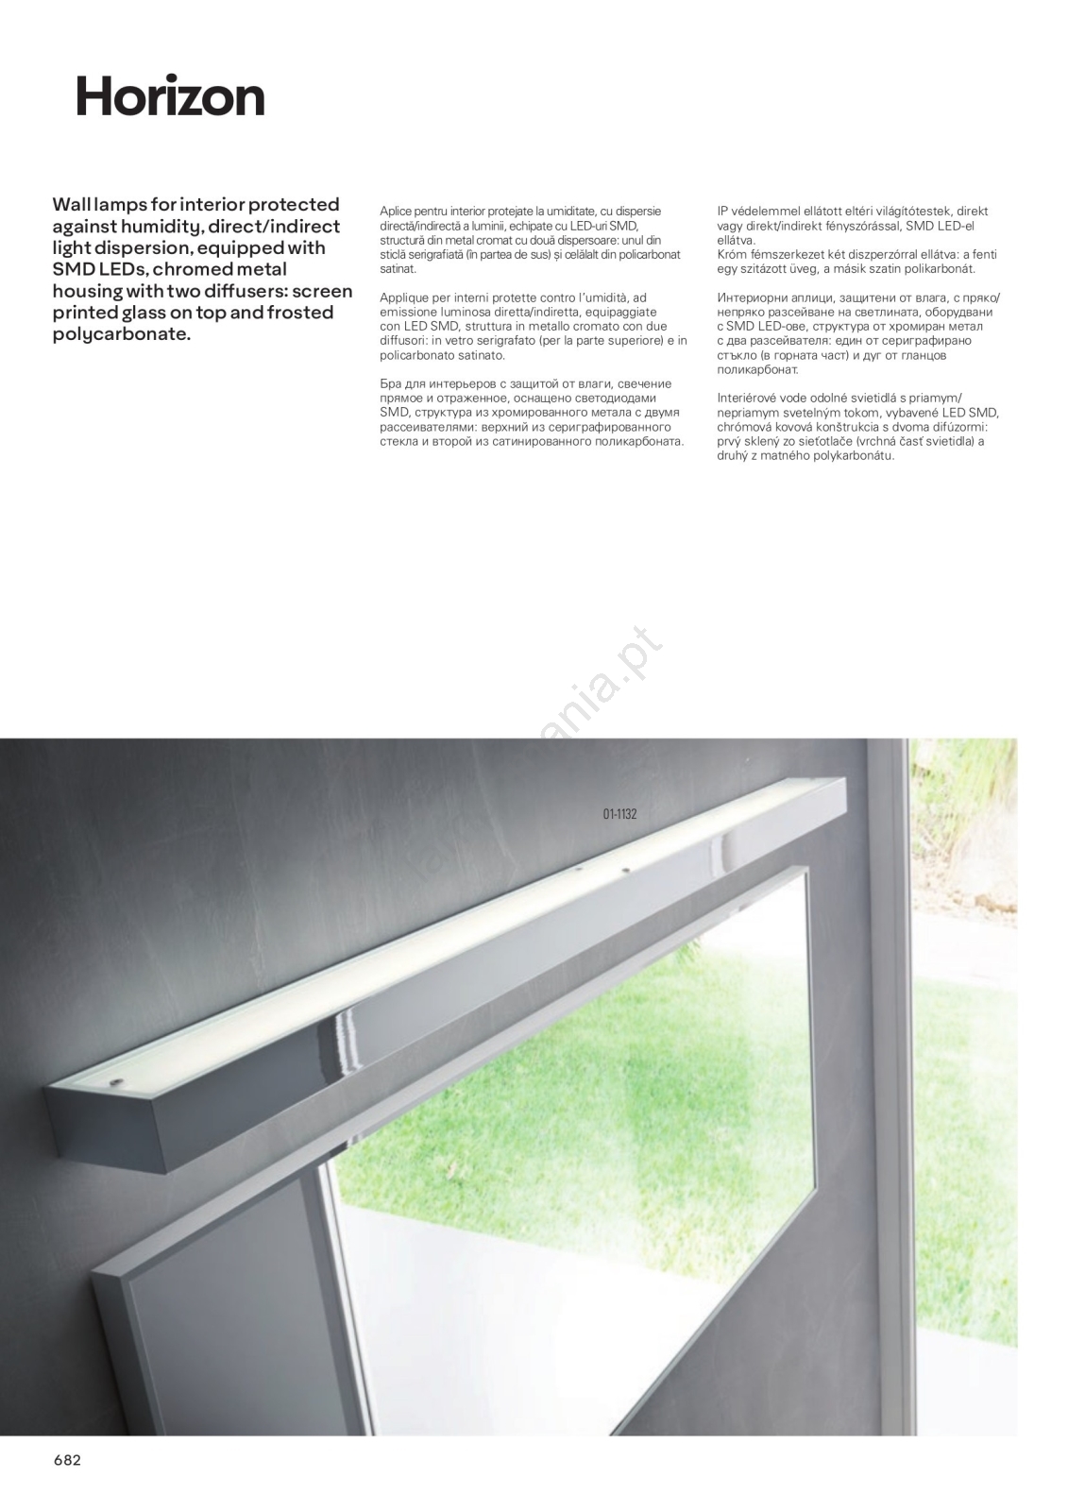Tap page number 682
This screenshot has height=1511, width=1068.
(x=67, y=1460)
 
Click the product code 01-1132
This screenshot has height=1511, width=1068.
(x=619, y=813)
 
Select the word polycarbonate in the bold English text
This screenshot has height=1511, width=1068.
(x=121, y=335)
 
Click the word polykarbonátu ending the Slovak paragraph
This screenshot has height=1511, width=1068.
(x=854, y=456)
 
